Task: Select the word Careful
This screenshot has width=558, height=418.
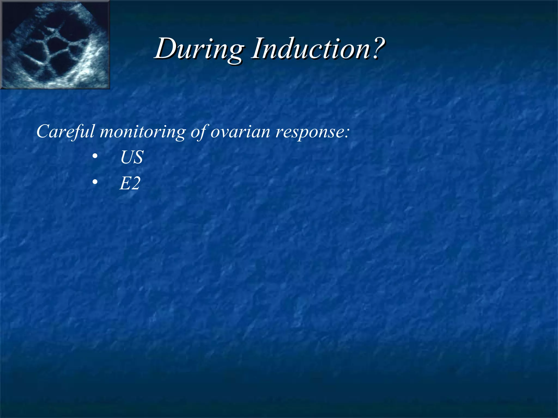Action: pos(65,132)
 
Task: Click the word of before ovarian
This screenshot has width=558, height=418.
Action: pos(199,132)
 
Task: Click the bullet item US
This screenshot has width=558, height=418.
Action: pos(132,157)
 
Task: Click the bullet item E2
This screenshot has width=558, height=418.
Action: pos(130,183)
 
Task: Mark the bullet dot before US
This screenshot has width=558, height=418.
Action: pos(95,156)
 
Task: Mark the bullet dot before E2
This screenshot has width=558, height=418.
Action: pos(95,182)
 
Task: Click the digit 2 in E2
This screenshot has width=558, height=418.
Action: pos(135,184)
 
